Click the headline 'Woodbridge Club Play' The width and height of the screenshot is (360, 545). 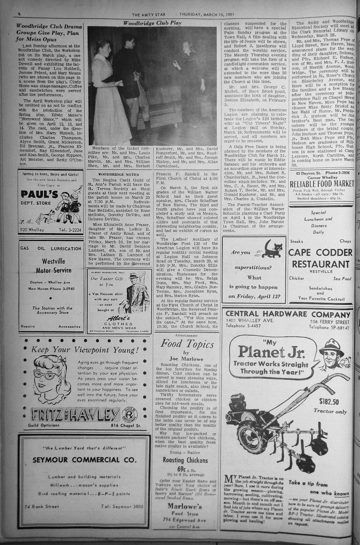pyautogui.click(x=152, y=23)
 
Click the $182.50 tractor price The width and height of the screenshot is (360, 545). pyautogui.click(x=329, y=402)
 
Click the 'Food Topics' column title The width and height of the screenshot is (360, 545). pyautogui.click(x=187, y=344)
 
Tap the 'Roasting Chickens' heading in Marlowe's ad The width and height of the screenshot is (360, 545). pyautogui.click(x=185, y=460)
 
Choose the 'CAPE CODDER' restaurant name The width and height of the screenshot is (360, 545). pyautogui.click(x=320, y=252)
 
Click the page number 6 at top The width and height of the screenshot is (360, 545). pyautogui.click(x=19, y=14)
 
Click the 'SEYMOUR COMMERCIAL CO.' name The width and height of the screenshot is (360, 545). pyautogui.click(x=84, y=460)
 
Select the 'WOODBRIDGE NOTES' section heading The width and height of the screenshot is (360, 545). pyautogui.click(x=119, y=174)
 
